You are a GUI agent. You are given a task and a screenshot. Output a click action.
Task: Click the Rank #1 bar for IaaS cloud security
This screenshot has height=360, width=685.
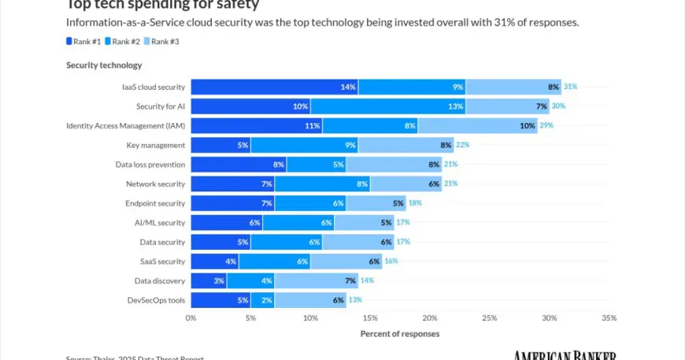click(274, 87)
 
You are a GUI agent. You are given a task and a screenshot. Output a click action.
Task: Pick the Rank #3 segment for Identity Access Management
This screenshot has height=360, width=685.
click(477, 125)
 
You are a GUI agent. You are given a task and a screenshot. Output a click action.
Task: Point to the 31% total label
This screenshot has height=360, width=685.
click(570, 87)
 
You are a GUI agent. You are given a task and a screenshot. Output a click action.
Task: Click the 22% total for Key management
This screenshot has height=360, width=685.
click(463, 145)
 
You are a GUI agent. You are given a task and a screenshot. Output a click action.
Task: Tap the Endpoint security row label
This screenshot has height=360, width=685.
click(156, 203)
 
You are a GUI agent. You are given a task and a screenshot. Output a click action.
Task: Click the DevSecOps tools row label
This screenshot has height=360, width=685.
click(156, 299)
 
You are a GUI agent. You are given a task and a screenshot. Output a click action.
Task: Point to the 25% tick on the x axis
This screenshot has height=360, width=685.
click(489, 318)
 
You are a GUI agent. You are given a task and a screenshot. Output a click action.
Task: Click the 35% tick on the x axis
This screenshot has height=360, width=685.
click(609, 318)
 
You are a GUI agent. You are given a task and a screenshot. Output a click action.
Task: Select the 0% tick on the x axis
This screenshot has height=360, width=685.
click(191, 318)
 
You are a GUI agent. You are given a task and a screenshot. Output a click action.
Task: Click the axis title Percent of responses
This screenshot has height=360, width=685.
click(400, 334)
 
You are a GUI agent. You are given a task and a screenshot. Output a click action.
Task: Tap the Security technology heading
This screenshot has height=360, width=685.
click(104, 65)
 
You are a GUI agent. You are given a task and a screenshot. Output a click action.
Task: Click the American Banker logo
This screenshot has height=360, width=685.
click(565, 356)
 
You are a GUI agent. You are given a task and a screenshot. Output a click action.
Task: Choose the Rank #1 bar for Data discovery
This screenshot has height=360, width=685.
click(209, 280)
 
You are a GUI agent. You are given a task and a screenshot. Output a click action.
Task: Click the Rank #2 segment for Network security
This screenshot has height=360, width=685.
click(322, 184)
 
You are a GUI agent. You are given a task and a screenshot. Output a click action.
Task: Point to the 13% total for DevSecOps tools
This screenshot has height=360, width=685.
click(355, 299)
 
